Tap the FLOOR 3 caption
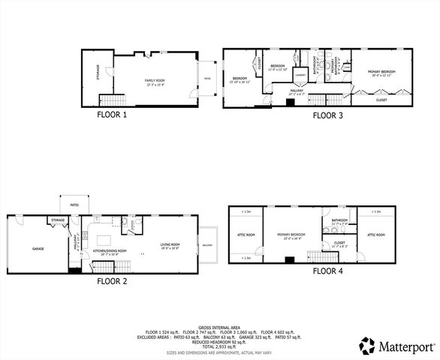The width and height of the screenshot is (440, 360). click(328, 115)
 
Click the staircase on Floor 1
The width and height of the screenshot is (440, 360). click(110, 100)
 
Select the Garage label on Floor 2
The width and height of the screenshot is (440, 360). click(38, 248)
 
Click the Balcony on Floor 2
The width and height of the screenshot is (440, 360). click(206, 245)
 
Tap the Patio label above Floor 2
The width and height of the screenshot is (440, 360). click(75, 203)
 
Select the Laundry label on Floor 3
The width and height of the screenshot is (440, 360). click(299, 75)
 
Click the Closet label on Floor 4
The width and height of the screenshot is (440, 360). click(339, 243)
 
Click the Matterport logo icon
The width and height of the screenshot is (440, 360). click(367, 346)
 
